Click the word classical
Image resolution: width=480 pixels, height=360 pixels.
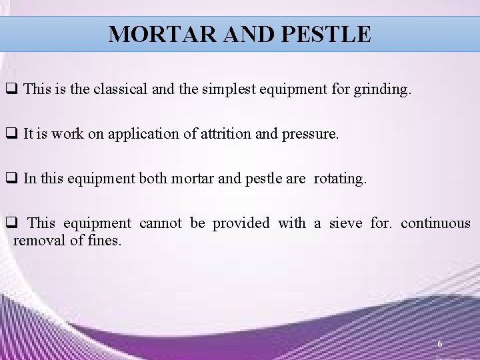121,90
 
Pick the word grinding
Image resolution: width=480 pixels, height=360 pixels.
383,90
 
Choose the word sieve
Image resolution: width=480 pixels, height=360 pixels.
344,223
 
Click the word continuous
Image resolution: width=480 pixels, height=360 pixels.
435,223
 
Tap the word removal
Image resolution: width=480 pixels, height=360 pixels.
39,241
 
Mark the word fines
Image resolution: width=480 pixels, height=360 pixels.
105,241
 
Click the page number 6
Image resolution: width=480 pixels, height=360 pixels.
439,344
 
